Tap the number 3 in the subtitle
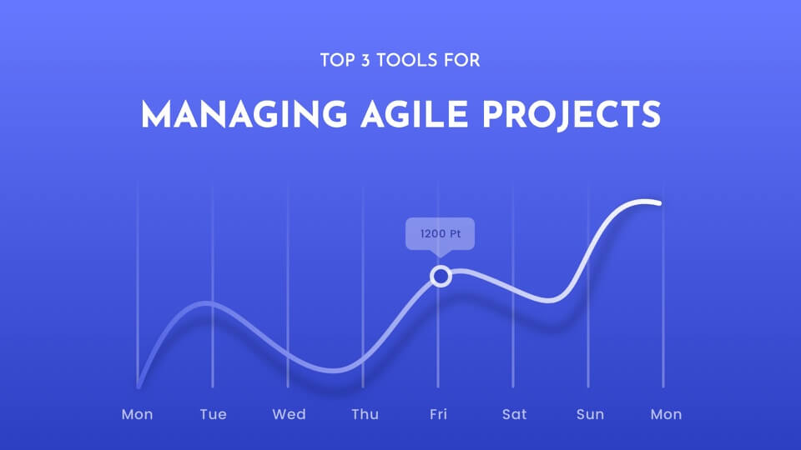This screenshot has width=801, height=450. (x=365, y=60)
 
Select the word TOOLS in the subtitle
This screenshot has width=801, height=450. (x=407, y=60)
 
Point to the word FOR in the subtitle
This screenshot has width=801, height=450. (x=461, y=60)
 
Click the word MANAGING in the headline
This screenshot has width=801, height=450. (x=244, y=114)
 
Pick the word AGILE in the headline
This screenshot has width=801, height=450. (x=415, y=114)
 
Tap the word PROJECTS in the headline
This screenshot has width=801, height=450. (x=571, y=114)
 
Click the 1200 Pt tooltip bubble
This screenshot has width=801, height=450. (x=440, y=234)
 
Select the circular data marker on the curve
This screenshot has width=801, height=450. (x=441, y=277)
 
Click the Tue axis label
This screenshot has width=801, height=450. (x=213, y=414)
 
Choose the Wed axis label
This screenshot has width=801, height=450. (x=290, y=414)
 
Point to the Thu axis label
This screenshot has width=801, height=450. (x=365, y=414)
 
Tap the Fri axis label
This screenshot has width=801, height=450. (x=438, y=414)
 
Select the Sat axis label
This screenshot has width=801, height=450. (x=514, y=414)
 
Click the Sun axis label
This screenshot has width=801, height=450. (x=590, y=414)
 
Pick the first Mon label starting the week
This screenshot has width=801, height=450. (x=137, y=414)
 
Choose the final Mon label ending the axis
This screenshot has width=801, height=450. (x=666, y=414)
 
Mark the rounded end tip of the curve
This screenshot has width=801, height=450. (x=659, y=203)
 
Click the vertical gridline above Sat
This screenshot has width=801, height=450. (x=513, y=286)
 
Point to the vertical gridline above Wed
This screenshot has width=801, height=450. (x=288, y=286)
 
